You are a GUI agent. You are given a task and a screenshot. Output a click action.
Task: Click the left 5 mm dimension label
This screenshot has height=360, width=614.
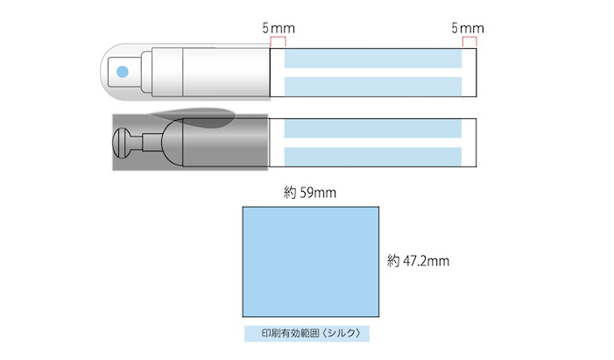279,28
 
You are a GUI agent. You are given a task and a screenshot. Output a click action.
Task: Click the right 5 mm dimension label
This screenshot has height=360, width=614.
468,28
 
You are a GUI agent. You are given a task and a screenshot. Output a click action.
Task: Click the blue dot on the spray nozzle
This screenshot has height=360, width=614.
123,72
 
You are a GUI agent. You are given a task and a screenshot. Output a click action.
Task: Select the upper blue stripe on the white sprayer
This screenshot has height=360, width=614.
373,59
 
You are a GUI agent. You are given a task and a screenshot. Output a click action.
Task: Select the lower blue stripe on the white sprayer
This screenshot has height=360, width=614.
373,87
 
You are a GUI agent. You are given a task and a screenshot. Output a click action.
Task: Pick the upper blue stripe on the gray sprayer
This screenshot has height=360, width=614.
373,129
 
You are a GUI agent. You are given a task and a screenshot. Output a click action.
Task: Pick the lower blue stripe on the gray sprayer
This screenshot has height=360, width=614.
373,157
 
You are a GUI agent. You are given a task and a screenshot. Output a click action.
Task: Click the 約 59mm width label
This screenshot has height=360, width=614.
310,193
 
